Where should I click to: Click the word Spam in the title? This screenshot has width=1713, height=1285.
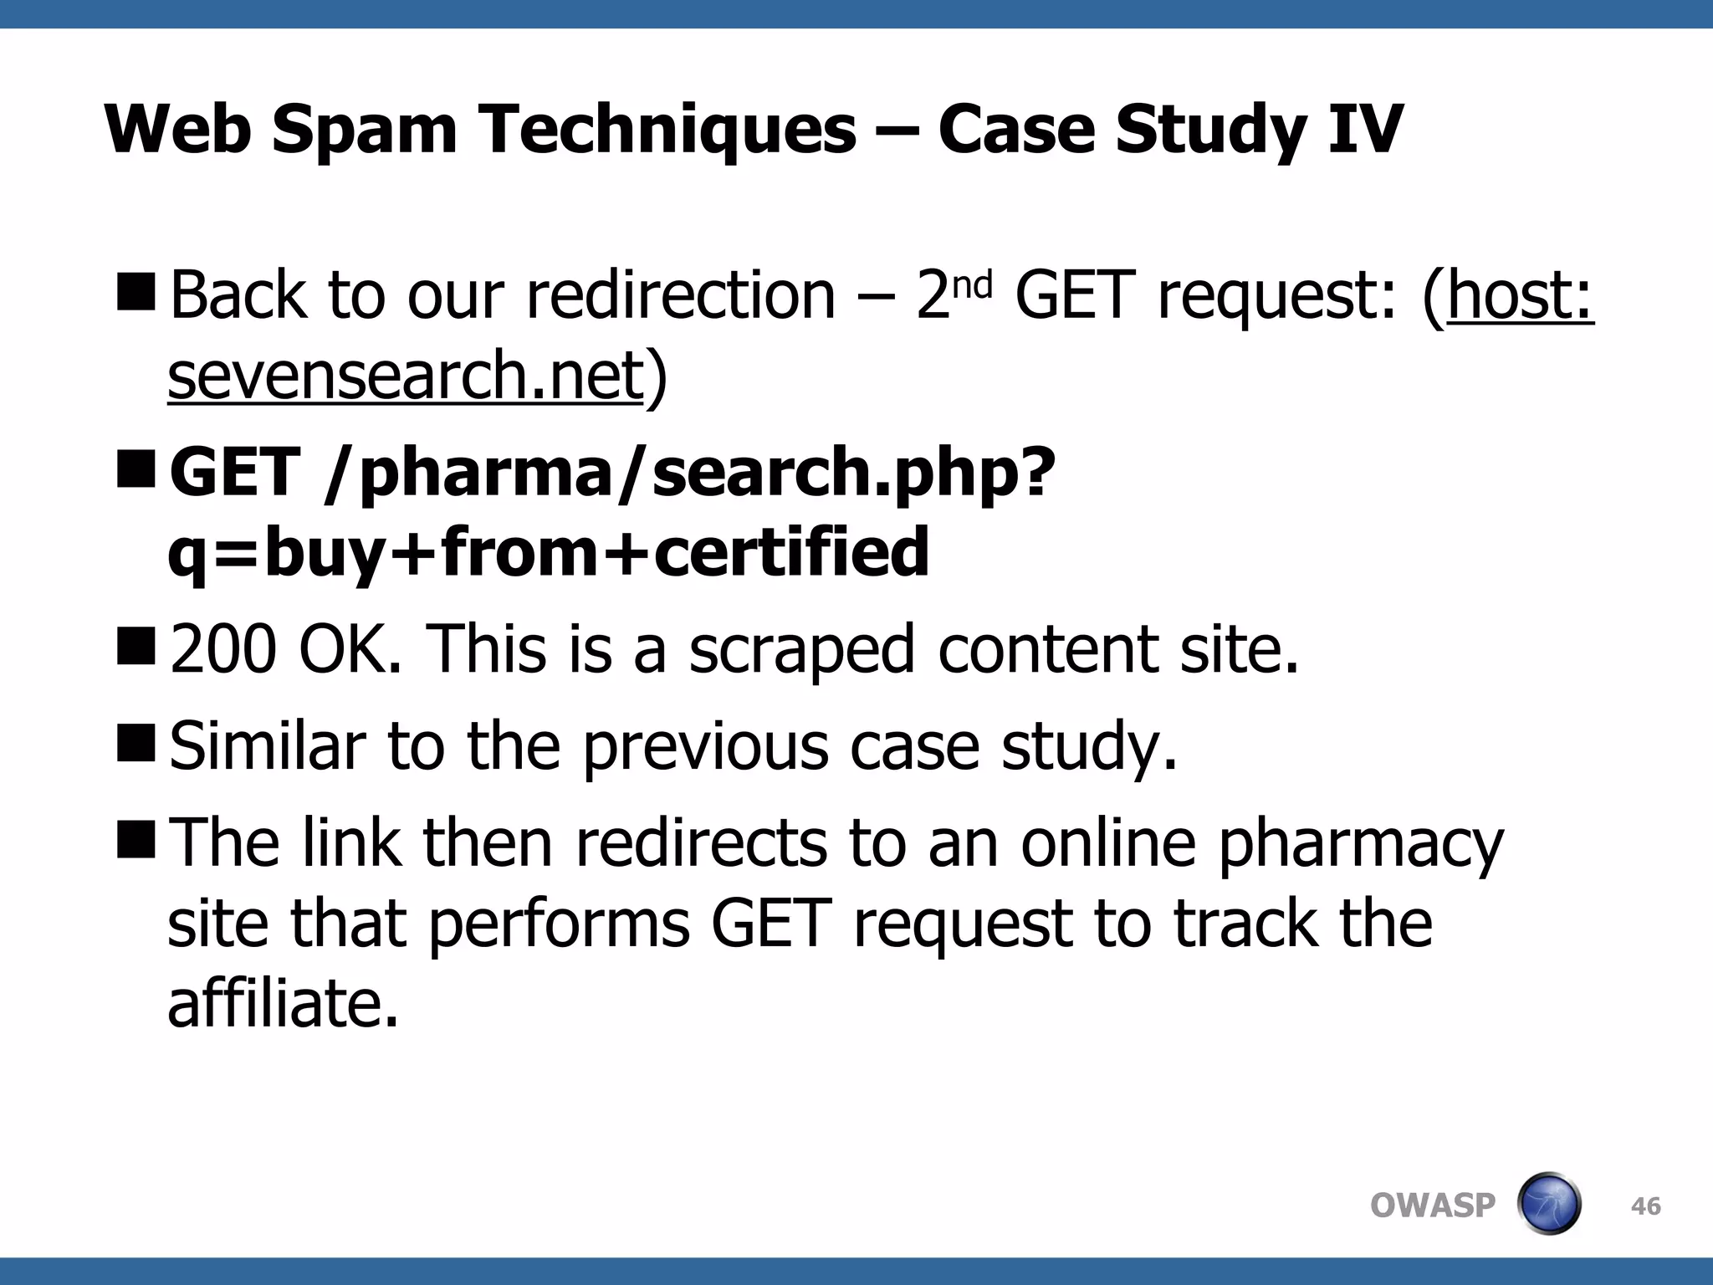(x=365, y=130)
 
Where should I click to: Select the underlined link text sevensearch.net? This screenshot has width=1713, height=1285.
(x=406, y=376)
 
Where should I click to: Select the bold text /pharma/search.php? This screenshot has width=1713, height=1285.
(x=690, y=472)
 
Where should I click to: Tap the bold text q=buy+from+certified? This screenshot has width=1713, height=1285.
(x=549, y=552)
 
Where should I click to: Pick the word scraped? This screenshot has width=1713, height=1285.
(x=801, y=650)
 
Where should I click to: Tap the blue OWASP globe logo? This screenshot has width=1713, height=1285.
(x=1548, y=1204)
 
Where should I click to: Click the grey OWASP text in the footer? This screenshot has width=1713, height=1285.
(x=1432, y=1206)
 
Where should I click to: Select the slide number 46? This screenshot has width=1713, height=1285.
(x=1645, y=1206)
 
